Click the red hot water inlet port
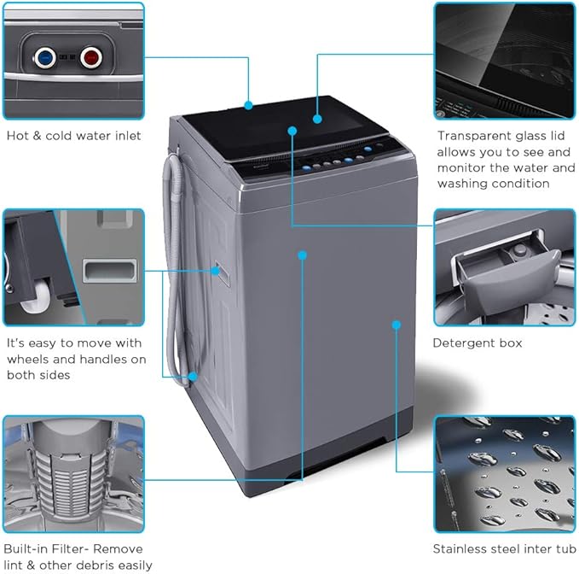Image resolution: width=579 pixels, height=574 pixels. (x=90, y=60)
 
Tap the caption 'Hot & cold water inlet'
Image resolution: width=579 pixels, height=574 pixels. (x=73, y=135)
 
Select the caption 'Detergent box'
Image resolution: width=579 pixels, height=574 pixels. (x=477, y=343)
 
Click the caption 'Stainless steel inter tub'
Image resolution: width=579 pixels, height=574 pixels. (x=503, y=549)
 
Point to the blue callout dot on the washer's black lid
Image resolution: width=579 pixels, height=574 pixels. (x=316, y=119)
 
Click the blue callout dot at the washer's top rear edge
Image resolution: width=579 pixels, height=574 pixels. (x=248, y=105)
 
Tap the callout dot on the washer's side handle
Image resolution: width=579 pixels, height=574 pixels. (x=216, y=272)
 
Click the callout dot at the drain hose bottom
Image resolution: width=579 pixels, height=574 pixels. (x=194, y=376)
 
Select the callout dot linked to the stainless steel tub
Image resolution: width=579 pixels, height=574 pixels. (x=397, y=324)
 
